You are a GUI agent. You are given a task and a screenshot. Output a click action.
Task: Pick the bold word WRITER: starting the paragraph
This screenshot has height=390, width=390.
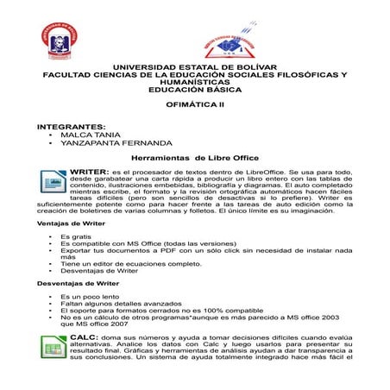[89, 172]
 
